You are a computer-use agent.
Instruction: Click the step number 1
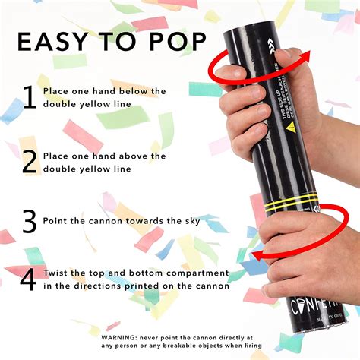[x=30, y=98]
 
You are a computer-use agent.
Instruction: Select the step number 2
[x=30, y=162]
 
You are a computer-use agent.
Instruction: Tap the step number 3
[x=30, y=221]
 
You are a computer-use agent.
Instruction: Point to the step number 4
[x=29, y=279]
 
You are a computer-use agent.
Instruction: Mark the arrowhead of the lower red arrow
[x=258, y=254]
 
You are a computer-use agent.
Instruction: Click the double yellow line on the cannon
[x=292, y=203]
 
